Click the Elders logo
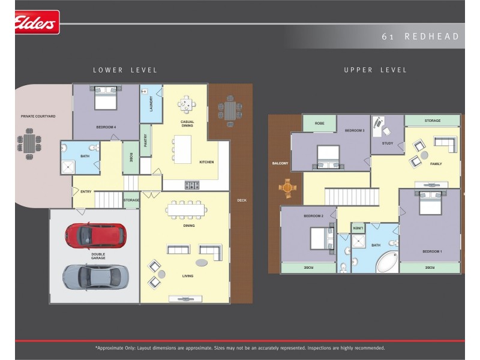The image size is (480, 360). point(36,23)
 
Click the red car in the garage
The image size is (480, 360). point(95,235)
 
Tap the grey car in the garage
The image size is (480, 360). point(95,277)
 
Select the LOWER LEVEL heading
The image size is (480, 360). point(125,70)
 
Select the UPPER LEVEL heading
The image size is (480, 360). point(375,70)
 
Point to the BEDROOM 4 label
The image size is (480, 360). point(106,127)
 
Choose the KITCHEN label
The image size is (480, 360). point(206,162)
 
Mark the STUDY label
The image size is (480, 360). point(387,143)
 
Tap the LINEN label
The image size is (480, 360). point(358,228)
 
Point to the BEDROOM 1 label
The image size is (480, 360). point(432,251)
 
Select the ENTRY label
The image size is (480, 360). point(86,191)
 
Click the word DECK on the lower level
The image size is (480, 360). point(241,200)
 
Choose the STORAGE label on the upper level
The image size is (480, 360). point(432,121)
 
